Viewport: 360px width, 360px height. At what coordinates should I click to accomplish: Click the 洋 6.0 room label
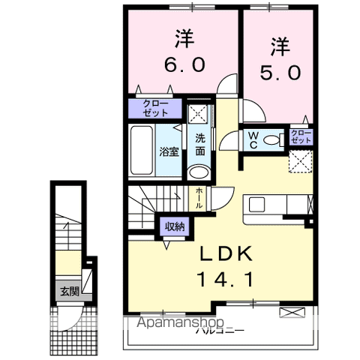pyautogui.click(x=180, y=51)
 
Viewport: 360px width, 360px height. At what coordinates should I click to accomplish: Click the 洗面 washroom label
pyautogui.click(x=200, y=144)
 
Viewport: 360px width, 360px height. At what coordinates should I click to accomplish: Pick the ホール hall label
pyautogui.click(x=199, y=196)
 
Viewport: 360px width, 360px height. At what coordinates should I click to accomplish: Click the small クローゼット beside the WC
pyautogui.click(x=301, y=137)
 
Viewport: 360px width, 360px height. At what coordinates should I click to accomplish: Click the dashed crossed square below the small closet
pyautogui.click(x=302, y=160)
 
